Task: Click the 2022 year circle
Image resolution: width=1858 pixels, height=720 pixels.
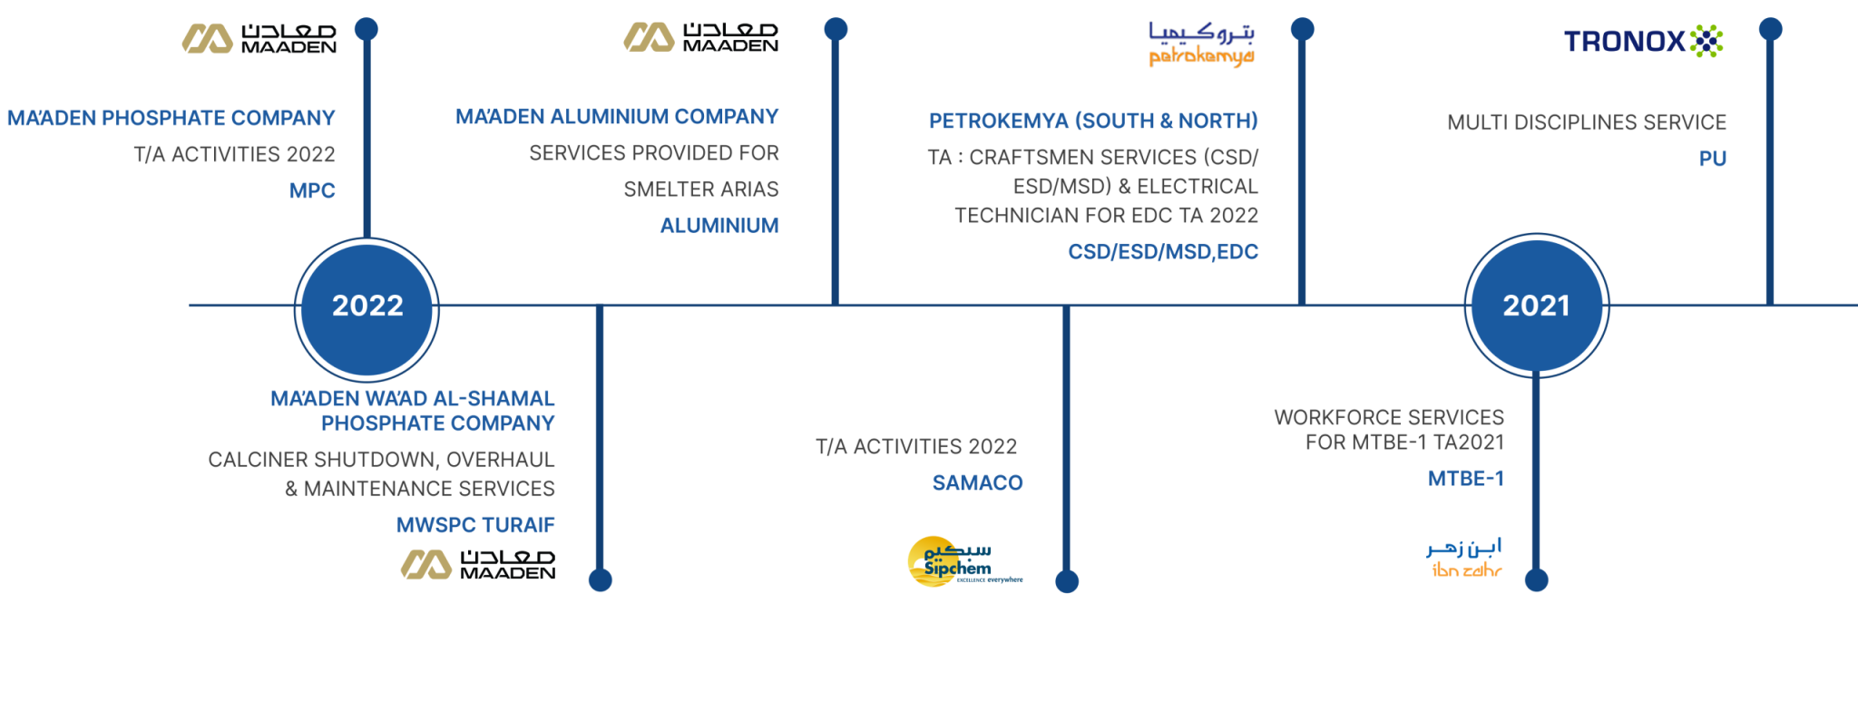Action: click(x=367, y=309)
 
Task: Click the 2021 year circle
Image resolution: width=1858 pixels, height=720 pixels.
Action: click(x=1536, y=306)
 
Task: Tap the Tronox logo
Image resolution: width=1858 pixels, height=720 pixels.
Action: click(x=1643, y=41)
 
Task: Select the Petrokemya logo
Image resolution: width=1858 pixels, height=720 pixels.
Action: click(x=1201, y=44)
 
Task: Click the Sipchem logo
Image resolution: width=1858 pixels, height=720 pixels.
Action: click(x=964, y=561)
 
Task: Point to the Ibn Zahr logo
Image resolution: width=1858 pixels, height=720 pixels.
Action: click(x=1464, y=558)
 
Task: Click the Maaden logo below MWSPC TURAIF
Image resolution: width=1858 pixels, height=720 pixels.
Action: click(x=478, y=564)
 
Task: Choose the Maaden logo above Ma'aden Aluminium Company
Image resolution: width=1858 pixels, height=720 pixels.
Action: click(x=700, y=37)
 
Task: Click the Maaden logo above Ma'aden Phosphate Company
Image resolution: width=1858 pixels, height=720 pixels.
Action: click(x=259, y=38)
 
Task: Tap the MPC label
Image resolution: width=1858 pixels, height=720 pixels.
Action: click(x=312, y=190)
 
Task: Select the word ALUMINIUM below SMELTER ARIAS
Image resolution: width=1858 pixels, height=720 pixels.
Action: click(x=719, y=225)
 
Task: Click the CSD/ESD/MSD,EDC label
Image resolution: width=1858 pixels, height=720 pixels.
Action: click(x=1163, y=251)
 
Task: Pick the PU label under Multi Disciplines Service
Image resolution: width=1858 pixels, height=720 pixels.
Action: click(x=1713, y=159)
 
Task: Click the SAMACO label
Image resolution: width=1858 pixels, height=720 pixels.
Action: click(x=978, y=482)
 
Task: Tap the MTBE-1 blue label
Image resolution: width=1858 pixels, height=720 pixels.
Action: click(x=1466, y=479)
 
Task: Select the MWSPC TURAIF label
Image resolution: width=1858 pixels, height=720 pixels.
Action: click(x=475, y=525)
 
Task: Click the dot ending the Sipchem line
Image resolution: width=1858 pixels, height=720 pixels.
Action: click(x=1067, y=581)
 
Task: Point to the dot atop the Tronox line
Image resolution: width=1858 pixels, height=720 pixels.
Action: click(x=1770, y=29)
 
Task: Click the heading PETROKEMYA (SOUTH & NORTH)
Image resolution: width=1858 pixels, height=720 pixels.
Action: click(x=1093, y=121)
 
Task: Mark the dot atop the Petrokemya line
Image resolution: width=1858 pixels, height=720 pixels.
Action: click(x=1302, y=29)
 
